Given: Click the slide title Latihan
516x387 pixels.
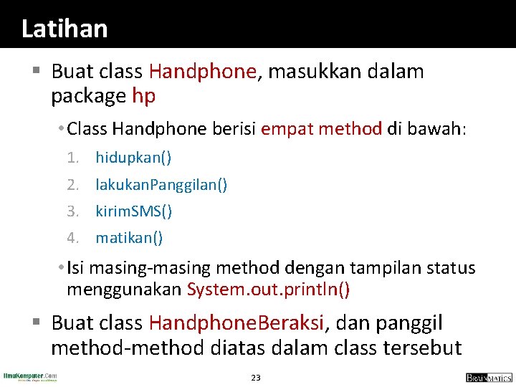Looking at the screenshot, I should click(64, 29).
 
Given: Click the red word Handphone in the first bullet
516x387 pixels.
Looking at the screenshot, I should click(203, 71).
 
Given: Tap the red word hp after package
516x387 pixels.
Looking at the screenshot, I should click(143, 95).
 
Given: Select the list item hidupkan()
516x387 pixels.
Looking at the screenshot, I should click(133, 157).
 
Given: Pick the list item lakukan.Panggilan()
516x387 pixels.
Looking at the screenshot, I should click(162, 184).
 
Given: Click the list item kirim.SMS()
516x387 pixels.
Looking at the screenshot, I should click(134, 211).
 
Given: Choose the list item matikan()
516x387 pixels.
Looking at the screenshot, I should click(129, 237).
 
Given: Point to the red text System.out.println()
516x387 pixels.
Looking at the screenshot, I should click(269, 290).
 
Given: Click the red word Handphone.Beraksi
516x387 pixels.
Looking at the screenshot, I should click(237, 323).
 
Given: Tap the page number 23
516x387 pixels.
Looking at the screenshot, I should click(256, 377).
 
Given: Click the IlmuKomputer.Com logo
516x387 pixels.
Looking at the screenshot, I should click(31, 376).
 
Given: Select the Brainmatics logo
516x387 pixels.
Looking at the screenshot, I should click(488, 377).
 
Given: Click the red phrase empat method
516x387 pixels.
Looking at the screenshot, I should click(321, 129).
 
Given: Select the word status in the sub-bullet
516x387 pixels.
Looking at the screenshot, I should click(451, 268).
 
